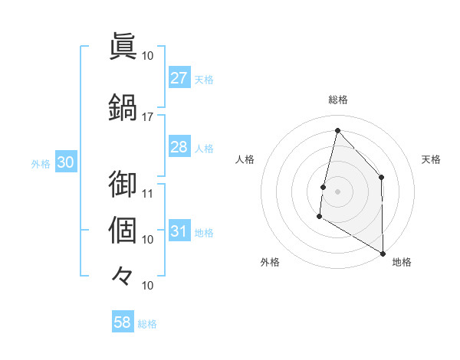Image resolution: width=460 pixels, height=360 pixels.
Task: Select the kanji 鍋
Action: [x=123, y=106]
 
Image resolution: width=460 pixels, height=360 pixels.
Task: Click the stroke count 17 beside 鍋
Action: [x=148, y=116]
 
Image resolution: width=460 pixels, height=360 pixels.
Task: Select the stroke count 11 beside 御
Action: [x=148, y=193]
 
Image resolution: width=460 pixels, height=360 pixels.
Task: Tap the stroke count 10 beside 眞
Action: [x=148, y=55]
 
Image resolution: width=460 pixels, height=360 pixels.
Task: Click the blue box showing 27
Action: [x=179, y=78]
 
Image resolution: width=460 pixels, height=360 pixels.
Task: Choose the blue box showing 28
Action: [x=179, y=147]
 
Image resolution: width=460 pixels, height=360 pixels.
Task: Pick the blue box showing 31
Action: [x=179, y=231]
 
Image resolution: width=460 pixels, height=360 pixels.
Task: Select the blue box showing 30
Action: [x=65, y=163]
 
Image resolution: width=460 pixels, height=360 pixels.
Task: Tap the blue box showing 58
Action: [x=122, y=322]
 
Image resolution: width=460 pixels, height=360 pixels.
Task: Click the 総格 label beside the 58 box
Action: [x=147, y=323]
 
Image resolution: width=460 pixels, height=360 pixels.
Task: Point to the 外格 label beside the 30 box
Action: [x=41, y=164]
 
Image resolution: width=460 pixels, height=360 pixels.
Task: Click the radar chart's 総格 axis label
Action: [x=337, y=100]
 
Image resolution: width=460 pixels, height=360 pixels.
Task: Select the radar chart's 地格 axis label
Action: [x=402, y=262]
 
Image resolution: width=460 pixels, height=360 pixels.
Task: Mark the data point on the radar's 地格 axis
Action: [x=383, y=254]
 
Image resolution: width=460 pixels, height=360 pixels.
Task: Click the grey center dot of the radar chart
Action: [x=337, y=191]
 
